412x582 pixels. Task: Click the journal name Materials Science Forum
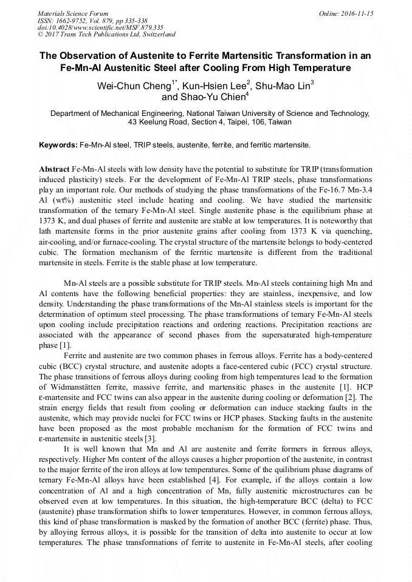[x=73, y=13]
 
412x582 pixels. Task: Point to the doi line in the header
[x=100, y=28]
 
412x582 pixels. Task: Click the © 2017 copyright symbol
[x=40, y=35]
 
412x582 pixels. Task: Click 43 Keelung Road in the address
[x=159, y=122]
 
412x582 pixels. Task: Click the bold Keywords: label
[x=58, y=146]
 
